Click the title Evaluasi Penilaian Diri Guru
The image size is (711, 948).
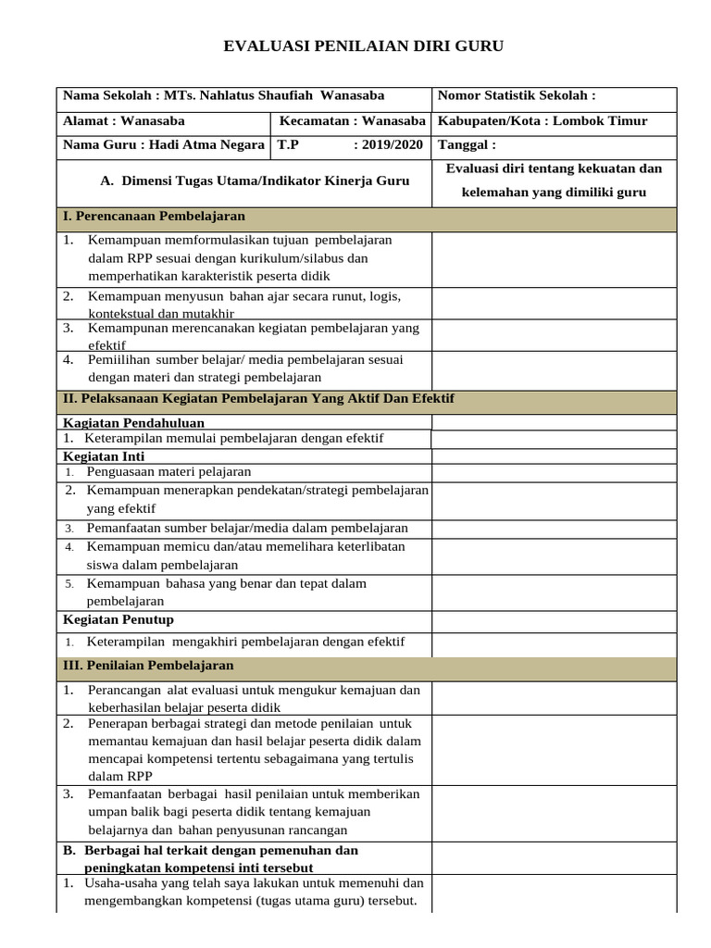(365, 47)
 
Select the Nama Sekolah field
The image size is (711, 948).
(223, 95)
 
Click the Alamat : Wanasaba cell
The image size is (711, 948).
(124, 120)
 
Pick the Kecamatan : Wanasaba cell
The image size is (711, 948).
(351, 120)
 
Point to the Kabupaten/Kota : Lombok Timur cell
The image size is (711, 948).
(543, 120)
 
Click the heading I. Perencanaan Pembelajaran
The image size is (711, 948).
(154, 216)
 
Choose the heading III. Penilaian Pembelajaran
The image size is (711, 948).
(148, 666)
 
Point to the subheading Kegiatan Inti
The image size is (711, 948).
(104, 456)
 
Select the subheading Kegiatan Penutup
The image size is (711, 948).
(118, 619)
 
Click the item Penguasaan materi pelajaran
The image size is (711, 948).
(168, 472)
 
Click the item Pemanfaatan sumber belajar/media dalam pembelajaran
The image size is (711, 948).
(247, 528)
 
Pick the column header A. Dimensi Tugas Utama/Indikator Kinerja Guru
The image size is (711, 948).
(254, 181)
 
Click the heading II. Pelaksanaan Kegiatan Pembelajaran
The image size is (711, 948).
(258, 398)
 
